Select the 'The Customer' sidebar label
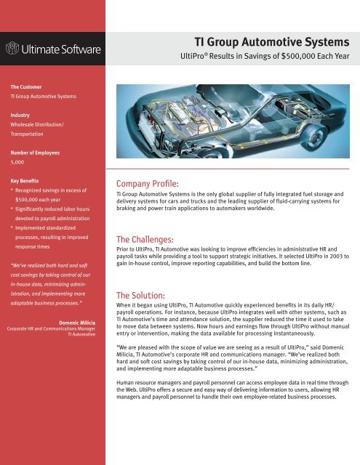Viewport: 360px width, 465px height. tap(25, 84)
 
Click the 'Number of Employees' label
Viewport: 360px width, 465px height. tap(36, 153)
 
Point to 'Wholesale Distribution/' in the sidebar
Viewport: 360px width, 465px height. tap(37, 124)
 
